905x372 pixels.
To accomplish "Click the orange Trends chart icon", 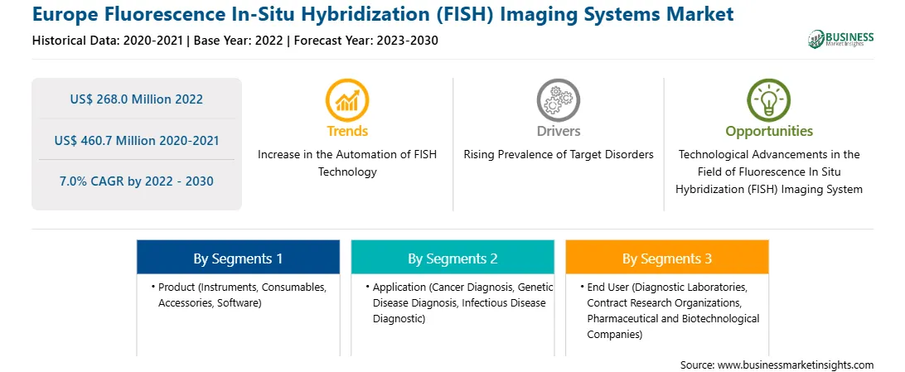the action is click(x=347, y=99).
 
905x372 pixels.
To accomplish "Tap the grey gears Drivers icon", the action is click(x=558, y=99).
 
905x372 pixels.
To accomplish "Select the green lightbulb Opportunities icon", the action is click(x=769, y=99).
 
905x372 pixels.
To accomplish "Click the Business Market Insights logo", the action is click(x=841, y=39).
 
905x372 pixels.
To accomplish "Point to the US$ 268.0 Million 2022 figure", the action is click(x=137, y=99).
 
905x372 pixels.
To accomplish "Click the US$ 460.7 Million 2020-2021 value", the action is click(x=137, y=140).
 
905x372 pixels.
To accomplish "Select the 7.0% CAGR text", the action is click(x=137, y=181).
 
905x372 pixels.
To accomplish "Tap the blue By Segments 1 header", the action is click(x=238, y=259).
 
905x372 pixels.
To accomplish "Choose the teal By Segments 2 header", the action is click(x=453, y=259).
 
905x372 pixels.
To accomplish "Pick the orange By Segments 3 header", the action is click(x=667, y=259).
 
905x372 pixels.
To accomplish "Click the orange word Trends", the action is click(x=347, y=131).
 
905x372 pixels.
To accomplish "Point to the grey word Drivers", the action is click(x=559, y=131).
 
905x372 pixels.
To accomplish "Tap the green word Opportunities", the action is click(x=769, y=132).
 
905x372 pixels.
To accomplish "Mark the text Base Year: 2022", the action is click(x=239, y=41).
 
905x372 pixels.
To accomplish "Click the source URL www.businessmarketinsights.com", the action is click(x=796, y=365).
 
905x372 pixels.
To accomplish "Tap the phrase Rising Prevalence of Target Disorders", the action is click(x=559, y=155).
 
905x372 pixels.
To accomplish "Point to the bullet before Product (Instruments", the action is click(x=153, y=287).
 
